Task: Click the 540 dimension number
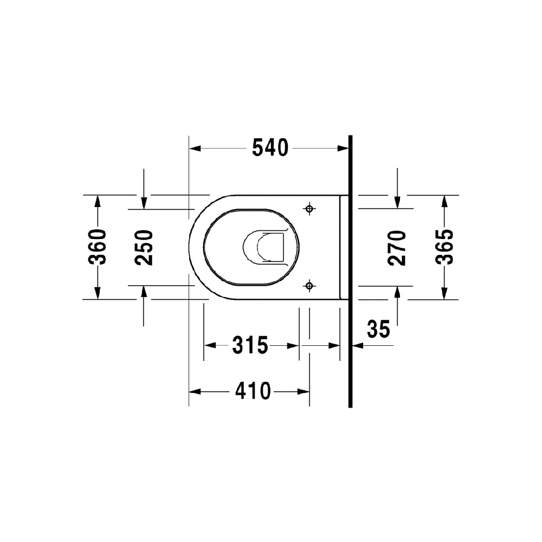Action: (x=270, y=147)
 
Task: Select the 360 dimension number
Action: (x=97, y=247)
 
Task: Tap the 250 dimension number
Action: (x=144, y=248)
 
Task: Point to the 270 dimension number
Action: (x=397, y=248)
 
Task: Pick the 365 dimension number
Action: (x=444, y=247)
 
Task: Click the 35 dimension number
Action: (x=378, y=329)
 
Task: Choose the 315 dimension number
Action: (x=250, y=345)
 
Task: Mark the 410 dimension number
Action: (x=253, y=391)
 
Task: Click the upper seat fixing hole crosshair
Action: (x=309, y=209)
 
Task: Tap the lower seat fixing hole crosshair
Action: (x=309, y=286)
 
